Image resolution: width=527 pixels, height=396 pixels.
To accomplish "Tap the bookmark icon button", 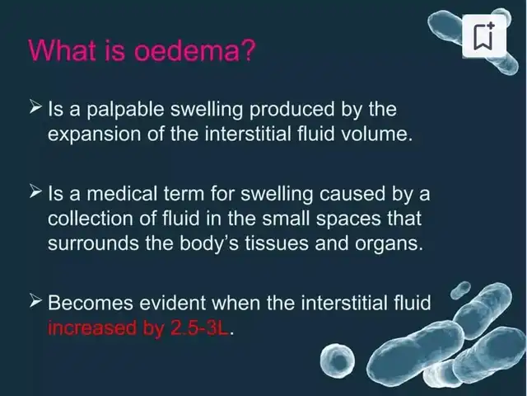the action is coord(484,35).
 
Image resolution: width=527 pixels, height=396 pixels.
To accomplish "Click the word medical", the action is coord(122,194).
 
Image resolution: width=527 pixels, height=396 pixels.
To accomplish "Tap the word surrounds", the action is coord(93,243).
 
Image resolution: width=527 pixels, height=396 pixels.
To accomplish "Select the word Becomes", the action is coord(91,303).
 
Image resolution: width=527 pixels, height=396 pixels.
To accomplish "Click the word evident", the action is coord(172,303).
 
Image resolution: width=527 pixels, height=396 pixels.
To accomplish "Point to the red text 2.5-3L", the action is coord(199,328).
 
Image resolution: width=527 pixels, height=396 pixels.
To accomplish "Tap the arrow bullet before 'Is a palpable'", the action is coord(35,106).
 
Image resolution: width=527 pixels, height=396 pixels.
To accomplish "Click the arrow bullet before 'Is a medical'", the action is coord(35,191).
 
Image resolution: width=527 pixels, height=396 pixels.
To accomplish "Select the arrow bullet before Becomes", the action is coord(35,300).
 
